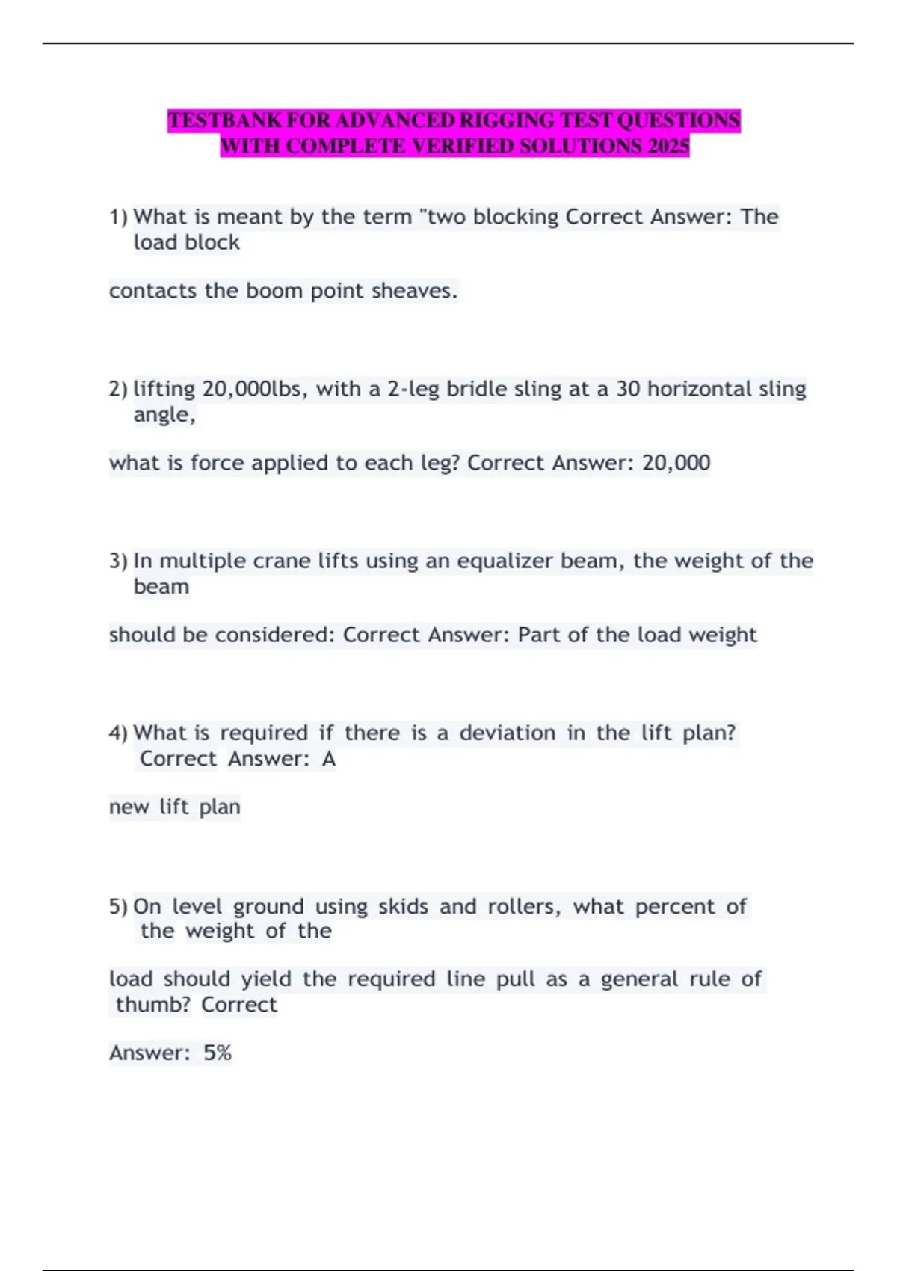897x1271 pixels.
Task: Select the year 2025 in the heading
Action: pyautogui.click(x=669, y=146)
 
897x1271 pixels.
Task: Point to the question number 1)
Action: pyautogui.click(x=118, y=217)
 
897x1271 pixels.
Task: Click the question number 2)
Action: pyautogui.click(x=118, y=389)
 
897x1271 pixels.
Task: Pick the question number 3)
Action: pyautogui.click(x=118, y=561)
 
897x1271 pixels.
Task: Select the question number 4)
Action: pyautogui.click(x=118, y=733)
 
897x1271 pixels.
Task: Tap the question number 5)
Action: pyautogui.click(x=118, y=907)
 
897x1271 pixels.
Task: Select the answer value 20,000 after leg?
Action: pyautogui.click(x=676, y=463)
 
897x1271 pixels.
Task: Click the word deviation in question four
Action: pyautogui.click(x=507, y=733)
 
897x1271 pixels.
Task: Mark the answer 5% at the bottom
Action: pyautogui.click(x=218, y=1053)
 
